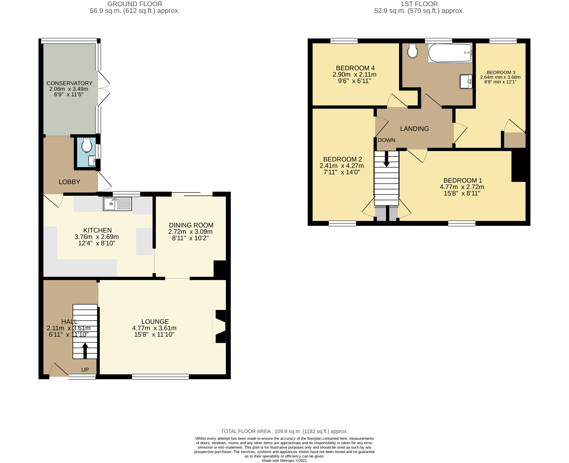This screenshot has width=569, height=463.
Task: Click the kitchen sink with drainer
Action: pyautogui.click(x=117, y=204)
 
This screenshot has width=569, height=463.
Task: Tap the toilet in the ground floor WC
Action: pyautogui.click(x=86, y=146)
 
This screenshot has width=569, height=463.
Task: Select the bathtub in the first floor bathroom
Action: pyautogui.click(x=450, y=53)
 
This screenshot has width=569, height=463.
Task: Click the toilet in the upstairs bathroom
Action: pyautogui.click(x=412, y=51)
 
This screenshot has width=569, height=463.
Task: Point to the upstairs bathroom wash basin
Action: pyautogui.click(x=466, y=81)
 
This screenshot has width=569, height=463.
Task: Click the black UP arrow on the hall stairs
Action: pyautogui.click(x=85, y=350)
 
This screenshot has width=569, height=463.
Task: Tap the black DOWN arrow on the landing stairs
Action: pyautogui.click(x=387, y=159)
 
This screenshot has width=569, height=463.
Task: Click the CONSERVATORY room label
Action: pyautogui.click(x=69, y=83)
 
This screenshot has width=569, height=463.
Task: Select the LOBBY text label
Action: pyautogui.click(x=69, y=182)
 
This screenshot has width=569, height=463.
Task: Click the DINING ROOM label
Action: pyautogui.click(x=191, y=225)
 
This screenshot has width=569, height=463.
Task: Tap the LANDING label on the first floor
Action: pyautogui.click(x=414, y=129)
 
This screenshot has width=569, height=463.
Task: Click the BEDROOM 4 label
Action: pyautogui.click(x=355, y=68)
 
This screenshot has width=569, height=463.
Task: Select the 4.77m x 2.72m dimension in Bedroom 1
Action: pyautogui.click(x=462, y=187)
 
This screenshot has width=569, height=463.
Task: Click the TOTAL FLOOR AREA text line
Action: pyautogui.click(x=284, y=431)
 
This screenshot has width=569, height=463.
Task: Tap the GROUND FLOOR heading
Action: pyautogui.click(x=135, y=4)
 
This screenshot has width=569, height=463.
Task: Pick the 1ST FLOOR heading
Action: pyautogui.click(x=419, y=4)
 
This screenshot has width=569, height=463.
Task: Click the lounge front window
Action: pyautogui.click(x=160, y=377)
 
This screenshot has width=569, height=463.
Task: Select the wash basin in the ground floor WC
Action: pyautogui.click(x=92, y=161)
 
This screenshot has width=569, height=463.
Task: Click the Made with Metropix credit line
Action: pyautogui.click(x=284, y=460)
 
